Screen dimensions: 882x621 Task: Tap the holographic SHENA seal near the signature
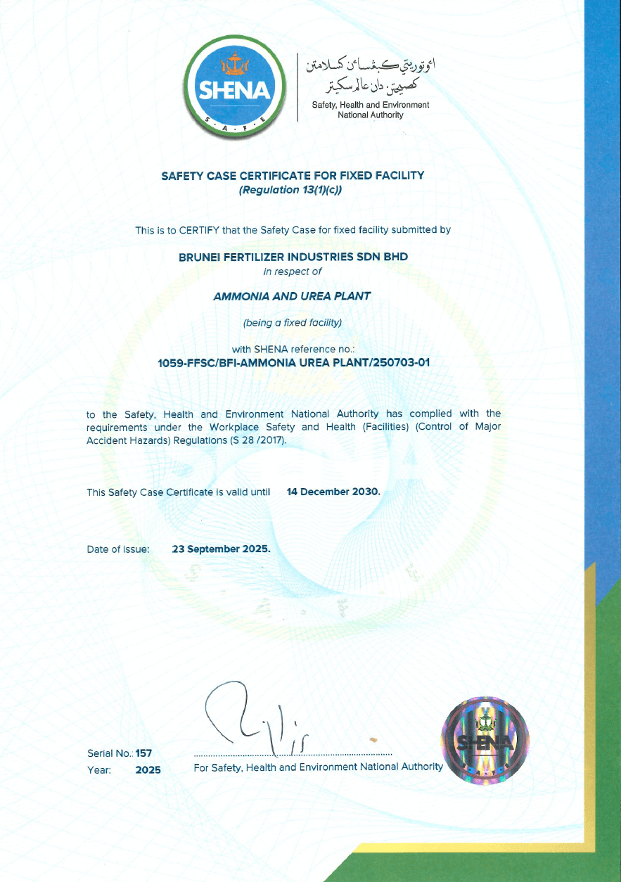pyautogui.click(x=483, y=739)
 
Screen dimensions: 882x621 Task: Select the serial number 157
pyautogui.click(x=144, y=753)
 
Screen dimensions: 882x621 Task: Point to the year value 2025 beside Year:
pyautogui.click(x=148, y=770)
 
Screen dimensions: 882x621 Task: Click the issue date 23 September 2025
pyautogui.click(x=221, y=549)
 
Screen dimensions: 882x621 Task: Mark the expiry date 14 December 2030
pyautogui.click(x=333, y=492)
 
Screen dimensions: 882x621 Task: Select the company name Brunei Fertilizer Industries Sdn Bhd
pyautogui.click(x=294, y=257)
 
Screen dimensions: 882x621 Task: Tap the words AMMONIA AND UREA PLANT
pyautogui.click(x=291, y=297)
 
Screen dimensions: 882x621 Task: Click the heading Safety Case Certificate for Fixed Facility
pyautogui.click(x=293, y=175)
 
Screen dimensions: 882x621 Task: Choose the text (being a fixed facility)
pyautogui.click(x=292, y=324)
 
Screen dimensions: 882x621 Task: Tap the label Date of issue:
pyautogui.click(x=118, y=549)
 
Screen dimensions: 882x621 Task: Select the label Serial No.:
pyautogui.click(x=110, y=753)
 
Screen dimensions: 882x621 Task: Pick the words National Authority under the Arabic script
pyautogui.click(x=371, y=115)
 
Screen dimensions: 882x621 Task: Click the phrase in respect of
pyautogui.click(x=292, y=271)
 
